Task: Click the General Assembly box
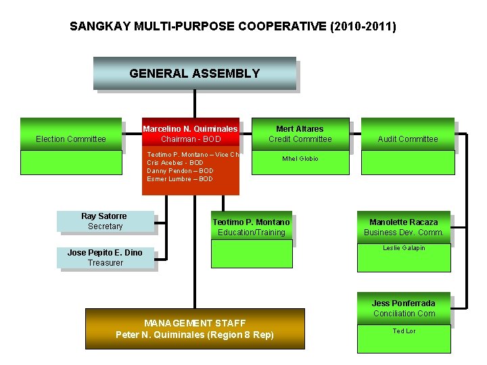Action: click(194, 74)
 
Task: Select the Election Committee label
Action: click(71, 139)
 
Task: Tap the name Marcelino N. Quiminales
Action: click(190, 128)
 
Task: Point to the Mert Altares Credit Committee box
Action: click(300, 134)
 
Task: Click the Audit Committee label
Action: click(407, 139)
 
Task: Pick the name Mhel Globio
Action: click(300, 159)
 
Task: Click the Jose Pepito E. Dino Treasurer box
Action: click(105, 258)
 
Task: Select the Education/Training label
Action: click(251, 233)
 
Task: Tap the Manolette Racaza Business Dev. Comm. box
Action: click(403, 227)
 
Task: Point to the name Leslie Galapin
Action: click(404, 248)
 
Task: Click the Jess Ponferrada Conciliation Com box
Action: click(403, 308)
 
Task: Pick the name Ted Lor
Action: click(404, 331)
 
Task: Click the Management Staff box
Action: click(195, 328)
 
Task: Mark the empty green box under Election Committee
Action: click(70, 162)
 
